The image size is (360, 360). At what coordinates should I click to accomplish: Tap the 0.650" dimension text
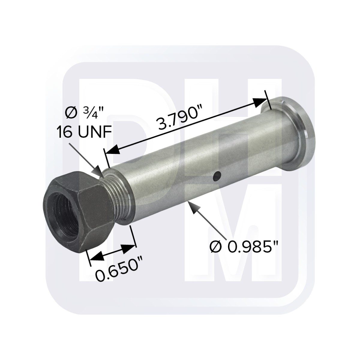point(118,271)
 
